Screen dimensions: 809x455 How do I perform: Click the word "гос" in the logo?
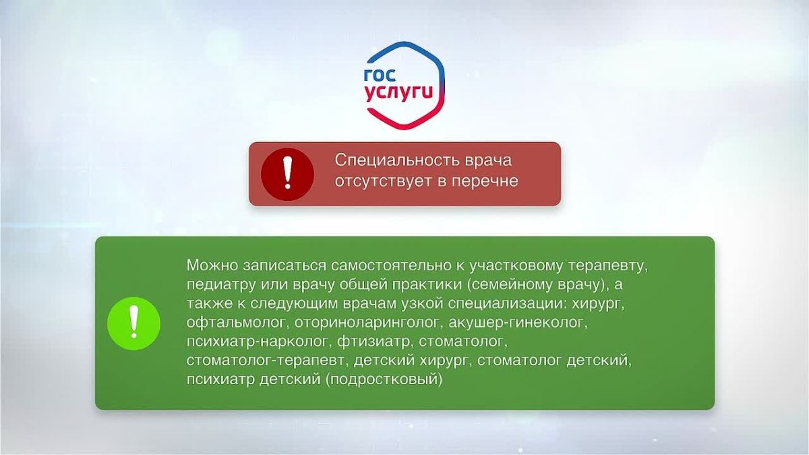(380, 75)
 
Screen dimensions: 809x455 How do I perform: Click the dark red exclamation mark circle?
(287, 174)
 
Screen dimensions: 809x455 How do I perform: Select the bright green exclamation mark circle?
(133, 323)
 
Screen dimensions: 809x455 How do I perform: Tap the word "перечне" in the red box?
(485, 181)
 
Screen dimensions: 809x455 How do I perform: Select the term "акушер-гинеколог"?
(518, 323)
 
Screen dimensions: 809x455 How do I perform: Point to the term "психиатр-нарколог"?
(259, 342)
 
